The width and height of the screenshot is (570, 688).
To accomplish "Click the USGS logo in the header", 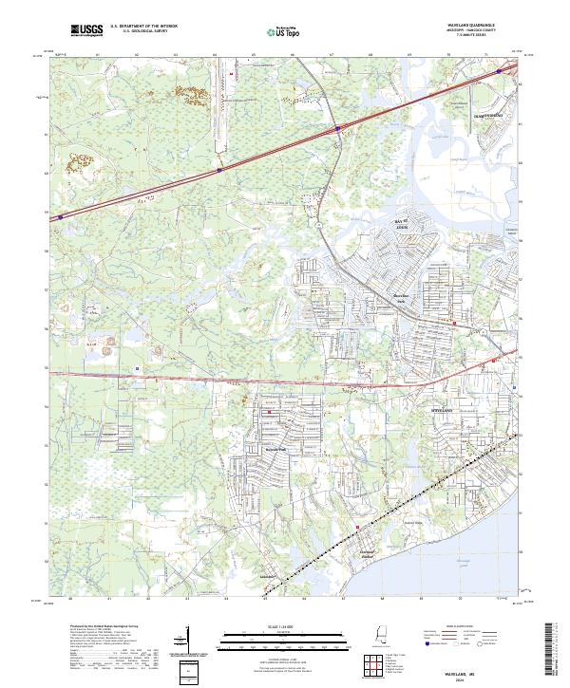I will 85,31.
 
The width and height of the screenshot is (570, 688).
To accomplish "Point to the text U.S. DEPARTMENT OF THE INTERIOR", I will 144,27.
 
